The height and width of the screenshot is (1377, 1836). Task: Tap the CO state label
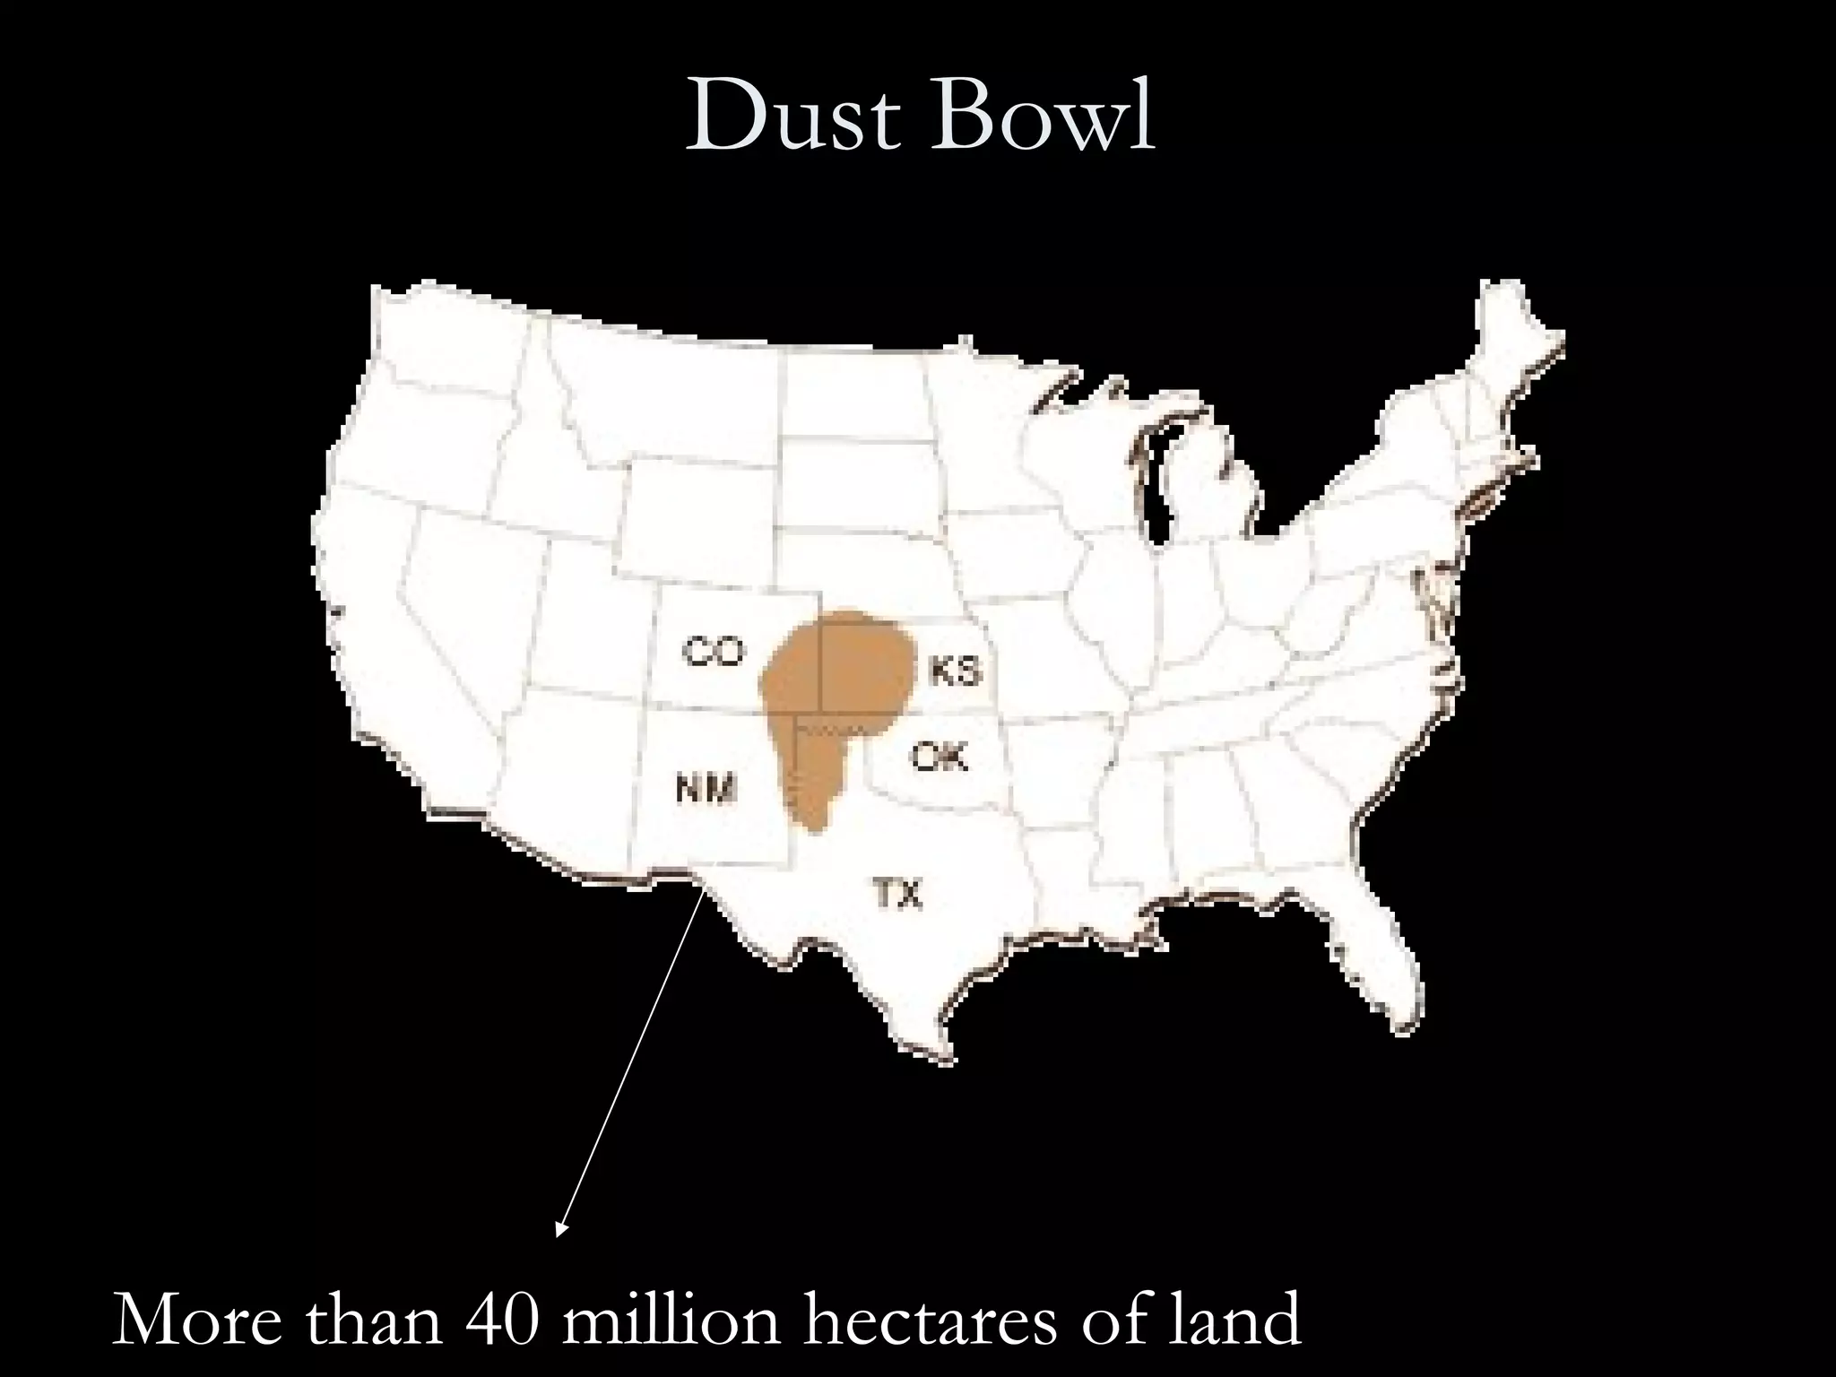[x=714, y=651]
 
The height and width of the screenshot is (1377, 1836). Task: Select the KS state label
[x=956, y=671]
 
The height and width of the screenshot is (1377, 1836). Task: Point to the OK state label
[x=940, y=758]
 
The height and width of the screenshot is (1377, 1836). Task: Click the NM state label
[x=706, y=790]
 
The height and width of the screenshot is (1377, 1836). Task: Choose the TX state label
[x=898, y=893]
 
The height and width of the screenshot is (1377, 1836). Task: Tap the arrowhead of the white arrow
[x=561, y=1229]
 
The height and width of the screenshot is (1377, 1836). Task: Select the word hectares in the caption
[x=932, y=1320]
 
